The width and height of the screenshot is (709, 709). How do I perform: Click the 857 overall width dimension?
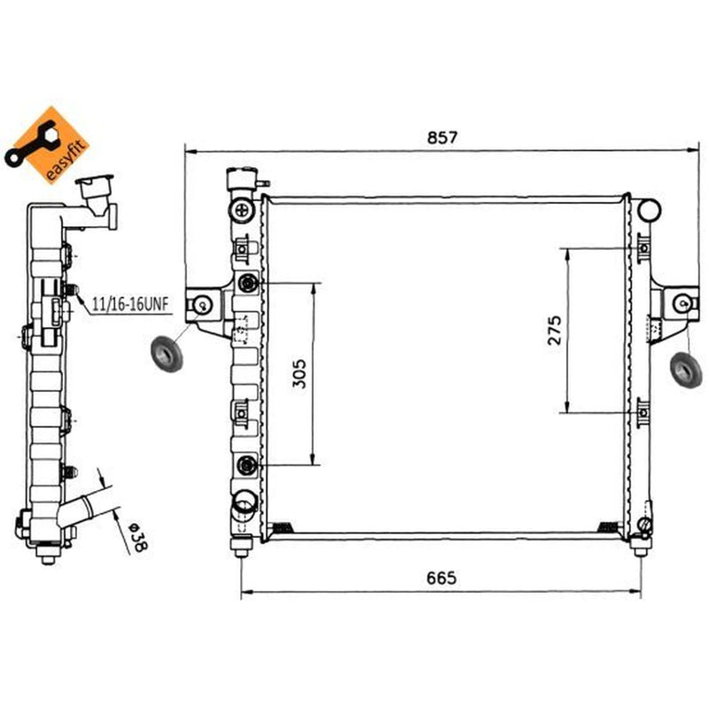(x=442, y=137)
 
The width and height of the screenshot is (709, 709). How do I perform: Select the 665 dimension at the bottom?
(x=441, y=578)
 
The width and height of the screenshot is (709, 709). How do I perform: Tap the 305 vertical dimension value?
(x=299, y=373)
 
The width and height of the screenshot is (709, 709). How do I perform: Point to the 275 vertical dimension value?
(x=555, y=331)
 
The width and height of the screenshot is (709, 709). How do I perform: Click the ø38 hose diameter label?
(x=138, y=538)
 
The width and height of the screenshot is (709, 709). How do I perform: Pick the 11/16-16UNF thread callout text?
(x=130, y=304)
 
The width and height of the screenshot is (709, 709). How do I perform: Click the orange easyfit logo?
(x=47, y=145)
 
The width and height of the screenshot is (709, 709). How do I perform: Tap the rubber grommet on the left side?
(x=167, y=354)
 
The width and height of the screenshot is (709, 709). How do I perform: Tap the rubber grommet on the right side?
(x=685, y=370)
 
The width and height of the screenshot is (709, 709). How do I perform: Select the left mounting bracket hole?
(x=203, y=305)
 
